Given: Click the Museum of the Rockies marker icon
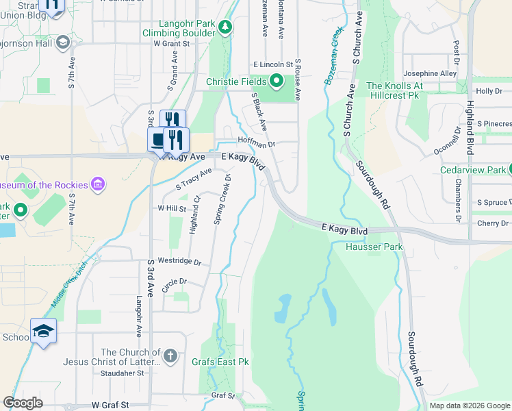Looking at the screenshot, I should (99, 184).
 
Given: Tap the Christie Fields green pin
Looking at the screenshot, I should (277, 82).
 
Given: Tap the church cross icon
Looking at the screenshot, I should (170, 356).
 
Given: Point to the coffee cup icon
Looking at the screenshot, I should (158, 140).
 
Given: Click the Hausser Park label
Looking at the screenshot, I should (374, 247).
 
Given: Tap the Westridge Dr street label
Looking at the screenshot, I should (179, 262).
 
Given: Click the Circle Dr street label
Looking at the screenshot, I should (174, 282).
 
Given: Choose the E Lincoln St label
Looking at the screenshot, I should (272, 64).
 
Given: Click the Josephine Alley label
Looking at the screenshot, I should (430, 73).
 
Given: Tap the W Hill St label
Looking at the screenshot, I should (172, 208).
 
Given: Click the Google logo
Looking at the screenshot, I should (23, 403).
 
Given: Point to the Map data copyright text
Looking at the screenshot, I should (470, 406).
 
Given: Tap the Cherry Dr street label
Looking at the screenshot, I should (494, 223).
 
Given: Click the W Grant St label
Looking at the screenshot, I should (171, 43).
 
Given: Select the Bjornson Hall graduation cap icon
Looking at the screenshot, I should (63, 42).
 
